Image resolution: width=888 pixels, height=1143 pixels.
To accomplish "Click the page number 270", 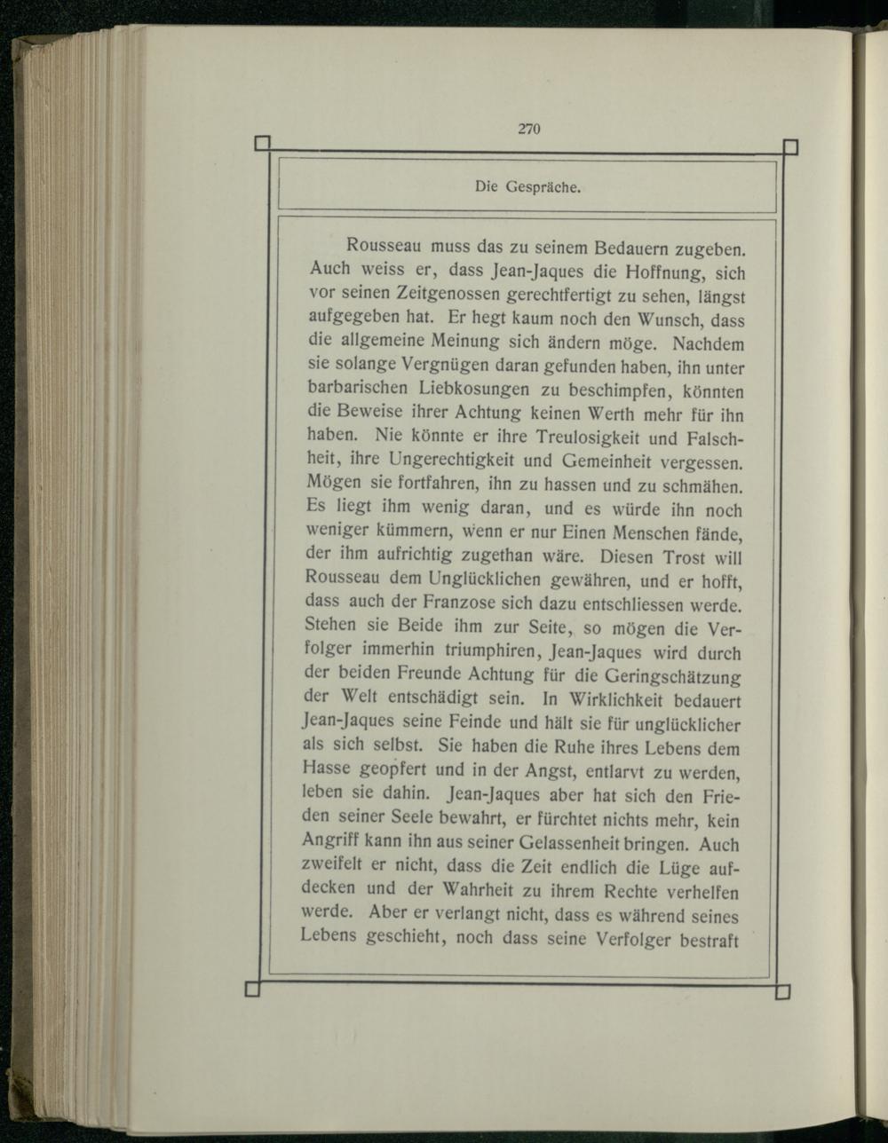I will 528,129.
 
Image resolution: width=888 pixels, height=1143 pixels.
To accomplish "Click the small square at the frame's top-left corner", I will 261,144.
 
